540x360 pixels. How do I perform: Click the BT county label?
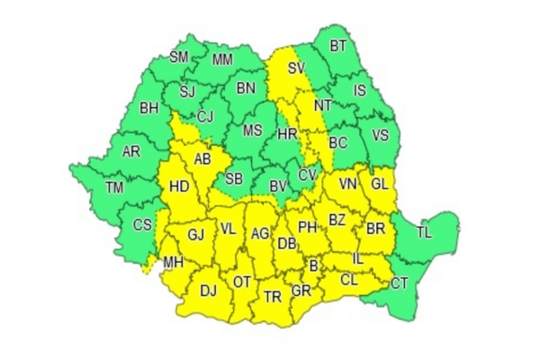338,45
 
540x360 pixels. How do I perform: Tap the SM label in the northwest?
180,58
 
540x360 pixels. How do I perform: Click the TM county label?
114,188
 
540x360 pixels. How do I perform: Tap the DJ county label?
208,290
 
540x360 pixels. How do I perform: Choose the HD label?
178,188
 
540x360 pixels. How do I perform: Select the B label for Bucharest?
313,265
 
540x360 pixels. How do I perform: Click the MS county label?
252,130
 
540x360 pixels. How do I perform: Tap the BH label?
148,110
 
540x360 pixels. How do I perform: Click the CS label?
142,225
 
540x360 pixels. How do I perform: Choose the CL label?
349,280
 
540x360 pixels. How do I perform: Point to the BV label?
278,186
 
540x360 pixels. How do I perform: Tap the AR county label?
131,151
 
